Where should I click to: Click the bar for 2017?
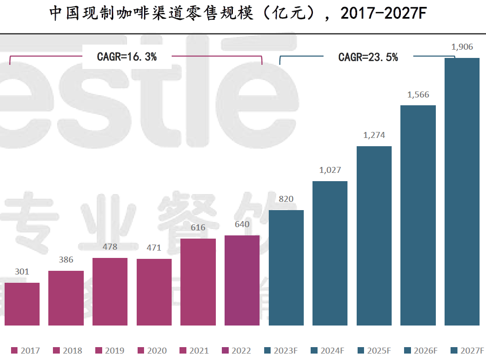tap(22, 304)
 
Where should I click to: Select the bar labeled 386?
tap(66, 298)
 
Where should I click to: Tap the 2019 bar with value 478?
tap(110, 291)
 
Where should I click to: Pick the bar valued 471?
tap(154, 292)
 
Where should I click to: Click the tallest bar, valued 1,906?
tap(462, 191)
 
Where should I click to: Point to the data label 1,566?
tap(418, 95)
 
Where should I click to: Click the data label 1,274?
tap(374, 135)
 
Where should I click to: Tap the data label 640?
tap(242, 224)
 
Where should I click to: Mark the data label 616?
tap(198, 228)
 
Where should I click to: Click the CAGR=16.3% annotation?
tap(127, 57)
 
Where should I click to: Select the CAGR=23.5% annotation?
tap(368, 57)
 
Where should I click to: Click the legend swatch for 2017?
tap(14, 351)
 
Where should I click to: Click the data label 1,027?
tap(330, 170)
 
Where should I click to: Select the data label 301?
tap(22, 272)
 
